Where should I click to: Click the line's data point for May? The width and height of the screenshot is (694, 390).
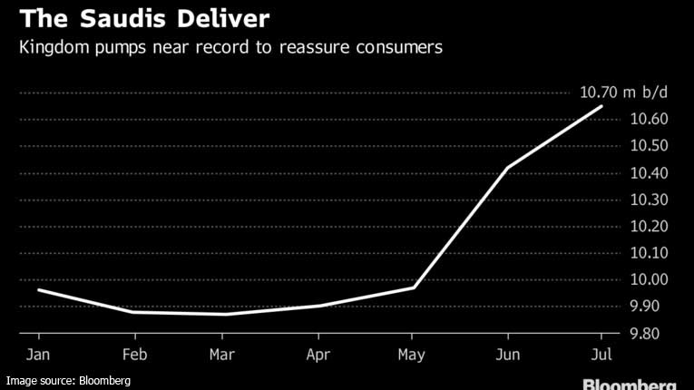[415, 288]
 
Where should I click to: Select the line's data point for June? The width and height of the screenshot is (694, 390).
[508, 168]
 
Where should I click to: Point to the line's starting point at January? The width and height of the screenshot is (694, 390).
[38, 289]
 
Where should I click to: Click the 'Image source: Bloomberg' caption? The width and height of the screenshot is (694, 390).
[68, 381]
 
